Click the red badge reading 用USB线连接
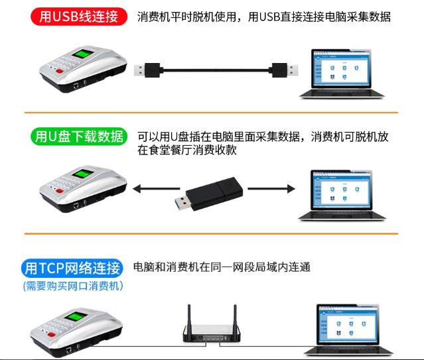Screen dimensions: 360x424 pyautogui.click(x=78, y=17)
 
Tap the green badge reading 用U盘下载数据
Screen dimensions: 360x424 pyautogui.click(x=78, y=137)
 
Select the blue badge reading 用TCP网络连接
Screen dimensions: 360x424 pyautogui.click(x=72, y=268)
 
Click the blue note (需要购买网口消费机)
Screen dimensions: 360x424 pyautogui.click(x=72, y=286)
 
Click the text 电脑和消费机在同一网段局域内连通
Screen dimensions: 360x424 pyautogui.click(x=222, y=268)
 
